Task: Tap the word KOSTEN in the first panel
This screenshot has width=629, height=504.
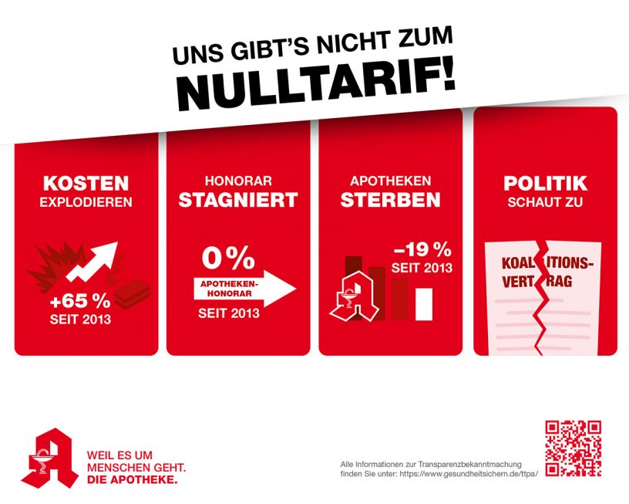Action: pos(86,184)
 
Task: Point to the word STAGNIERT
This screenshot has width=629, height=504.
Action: pos(237,200)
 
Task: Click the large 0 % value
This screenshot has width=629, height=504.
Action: pos(228,258)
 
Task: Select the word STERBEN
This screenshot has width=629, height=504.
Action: pos(391,200)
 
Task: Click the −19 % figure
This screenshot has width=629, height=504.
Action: pos(422,249)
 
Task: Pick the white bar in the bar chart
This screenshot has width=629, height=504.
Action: pos(425,303)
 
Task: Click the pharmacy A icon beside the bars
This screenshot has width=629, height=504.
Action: pos(354,298)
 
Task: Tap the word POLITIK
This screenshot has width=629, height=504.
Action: pos(545,184)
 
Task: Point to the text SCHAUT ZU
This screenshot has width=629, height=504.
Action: pos(545,204)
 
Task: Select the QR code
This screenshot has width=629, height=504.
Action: pos(573,448)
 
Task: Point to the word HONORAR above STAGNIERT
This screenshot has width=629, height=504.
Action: pos(237,181)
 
